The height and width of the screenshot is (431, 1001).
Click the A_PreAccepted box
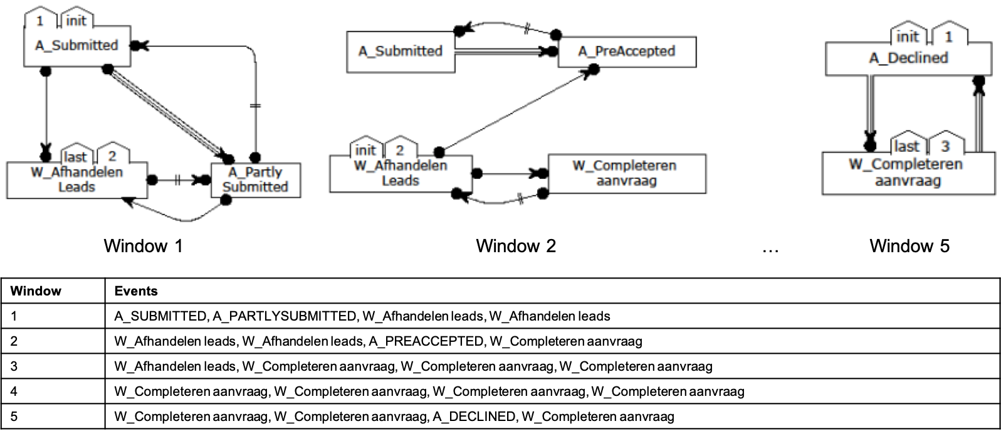(x=627, y=51)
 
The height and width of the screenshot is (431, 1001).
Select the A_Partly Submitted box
(x=256, y=180)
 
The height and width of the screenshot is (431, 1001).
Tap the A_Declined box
(x=908, y=59)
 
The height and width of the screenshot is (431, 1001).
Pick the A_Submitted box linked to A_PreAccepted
(x=401, y=51)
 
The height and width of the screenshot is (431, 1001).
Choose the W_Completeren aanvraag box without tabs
(x=626, y=174)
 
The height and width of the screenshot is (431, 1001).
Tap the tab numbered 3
(x=945, y=146)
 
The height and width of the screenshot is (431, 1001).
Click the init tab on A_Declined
(x=907, y=36)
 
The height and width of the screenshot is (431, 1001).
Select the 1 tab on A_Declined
(x=948, y=36)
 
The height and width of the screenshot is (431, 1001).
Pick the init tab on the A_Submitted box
(x=76, y=21)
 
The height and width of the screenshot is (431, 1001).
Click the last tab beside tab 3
(x=906, y=146)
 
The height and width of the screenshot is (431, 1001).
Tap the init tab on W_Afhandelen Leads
(x=365, y=150)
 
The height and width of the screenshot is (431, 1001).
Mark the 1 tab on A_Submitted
(x=40, y=21)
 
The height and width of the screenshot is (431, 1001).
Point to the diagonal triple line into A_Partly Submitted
(x=167, y=113)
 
